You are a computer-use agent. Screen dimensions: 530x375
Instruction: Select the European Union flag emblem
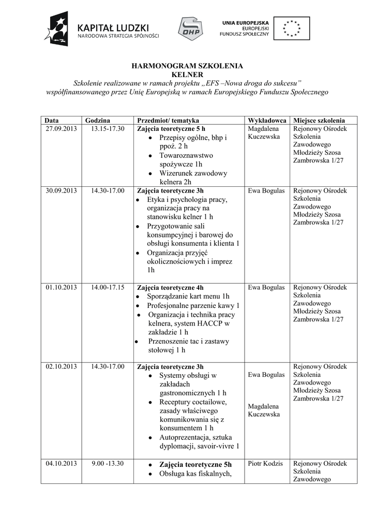(x=292, y=28)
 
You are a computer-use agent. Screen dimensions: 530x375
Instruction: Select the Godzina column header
(x=98, y=120)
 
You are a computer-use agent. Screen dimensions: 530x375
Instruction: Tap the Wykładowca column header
(x=267, y=120)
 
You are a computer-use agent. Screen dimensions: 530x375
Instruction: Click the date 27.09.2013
(x=61, y=128)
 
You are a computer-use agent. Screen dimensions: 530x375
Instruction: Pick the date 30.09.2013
(x=61, y=190)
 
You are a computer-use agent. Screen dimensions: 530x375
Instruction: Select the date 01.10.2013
(x=61, y=287)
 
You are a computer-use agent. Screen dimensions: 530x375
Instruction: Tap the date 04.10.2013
(x=61, y=463)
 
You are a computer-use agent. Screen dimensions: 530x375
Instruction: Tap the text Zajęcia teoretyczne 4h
(x=170, y=287)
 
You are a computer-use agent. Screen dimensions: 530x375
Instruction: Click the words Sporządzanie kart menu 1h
(x=188, y=297)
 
